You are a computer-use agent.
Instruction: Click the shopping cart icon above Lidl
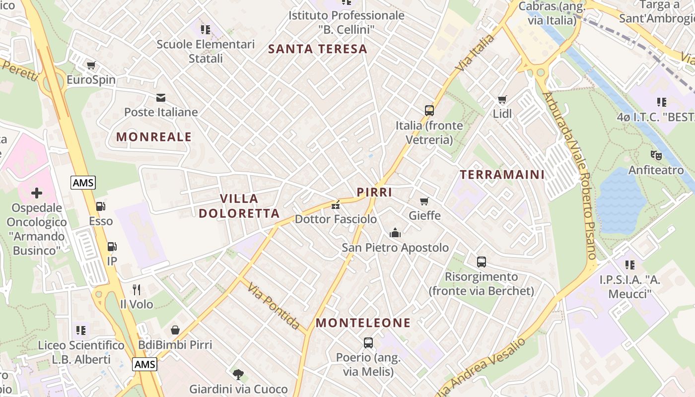(502, 99)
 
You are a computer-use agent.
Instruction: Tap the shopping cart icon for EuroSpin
(91, 65)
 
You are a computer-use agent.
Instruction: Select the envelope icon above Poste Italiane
(160, 97)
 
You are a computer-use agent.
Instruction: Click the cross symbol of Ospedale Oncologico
(37, 193)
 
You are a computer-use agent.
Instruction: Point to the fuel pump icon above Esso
(100, 206)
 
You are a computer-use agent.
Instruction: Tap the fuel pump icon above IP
(112, 246)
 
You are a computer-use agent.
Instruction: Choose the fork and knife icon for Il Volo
(137, 289)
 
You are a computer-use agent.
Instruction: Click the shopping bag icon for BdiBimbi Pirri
(175, 330)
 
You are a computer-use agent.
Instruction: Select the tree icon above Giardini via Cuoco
(238, 374)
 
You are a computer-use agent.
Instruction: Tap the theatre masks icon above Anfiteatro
(656, 155)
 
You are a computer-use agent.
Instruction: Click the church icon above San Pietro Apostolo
(395, 232)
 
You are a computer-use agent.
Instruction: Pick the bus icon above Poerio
(368, 342)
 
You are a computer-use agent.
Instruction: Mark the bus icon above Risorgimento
(481, 262)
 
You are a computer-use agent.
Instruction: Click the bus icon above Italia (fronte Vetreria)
(429, 110)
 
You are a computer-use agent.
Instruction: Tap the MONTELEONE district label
(363, 323)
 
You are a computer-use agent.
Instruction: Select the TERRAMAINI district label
(502, 175)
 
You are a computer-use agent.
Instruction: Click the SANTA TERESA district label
(318, 49)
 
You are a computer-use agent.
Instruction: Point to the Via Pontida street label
(274, 306)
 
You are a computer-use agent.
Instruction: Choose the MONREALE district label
(154, 137)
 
